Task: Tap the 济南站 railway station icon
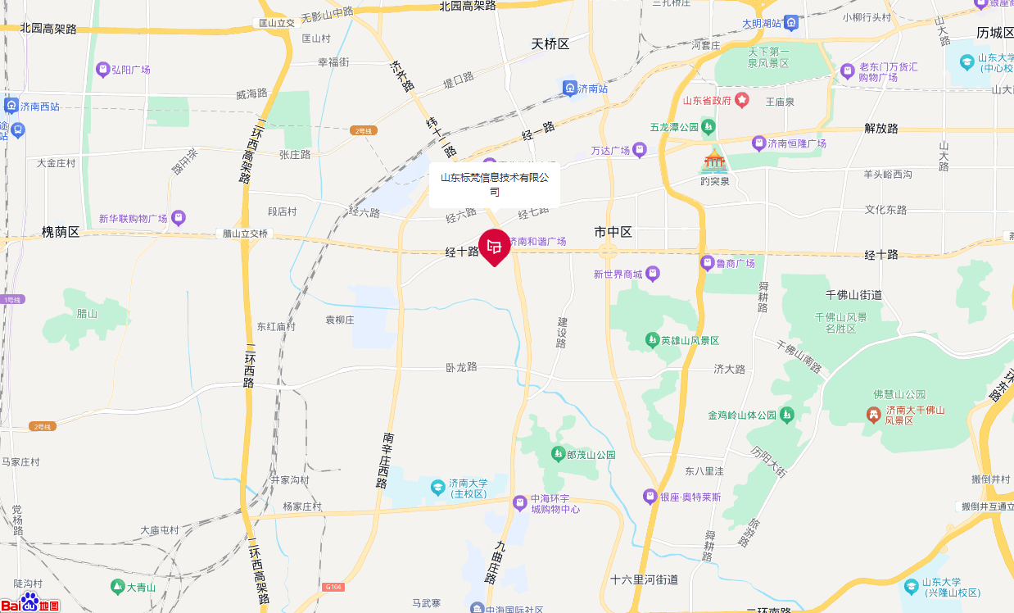point(570,88)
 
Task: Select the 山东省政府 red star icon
point(742,100)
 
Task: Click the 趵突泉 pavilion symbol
point(714,160)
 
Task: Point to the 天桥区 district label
point(550,43)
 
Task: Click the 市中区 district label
point(613,232)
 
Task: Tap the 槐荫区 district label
point(61,232)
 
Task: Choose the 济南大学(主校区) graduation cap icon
point(438,488)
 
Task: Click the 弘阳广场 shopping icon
point(103,70)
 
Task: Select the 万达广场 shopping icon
point(640,150)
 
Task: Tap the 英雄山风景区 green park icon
point(652,339)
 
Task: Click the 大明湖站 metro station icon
point(791,23)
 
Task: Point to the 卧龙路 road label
point(461,367)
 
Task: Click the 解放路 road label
point(881,129)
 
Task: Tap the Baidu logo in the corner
point(29,602)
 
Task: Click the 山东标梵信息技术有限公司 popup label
point(495,184)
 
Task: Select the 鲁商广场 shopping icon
point(707,263)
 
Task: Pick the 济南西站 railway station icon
point(11,107)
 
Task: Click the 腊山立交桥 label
point(246,234)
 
